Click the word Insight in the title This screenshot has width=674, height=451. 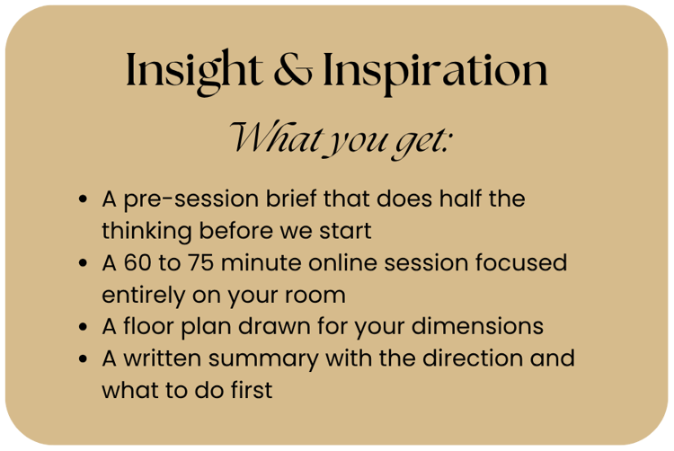pos(194,71)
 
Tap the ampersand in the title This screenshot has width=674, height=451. pos(293,69)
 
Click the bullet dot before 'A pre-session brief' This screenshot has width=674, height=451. pos(83,199)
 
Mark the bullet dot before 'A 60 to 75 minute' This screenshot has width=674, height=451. pos(83,263)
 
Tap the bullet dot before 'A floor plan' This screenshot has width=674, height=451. pos(83,326)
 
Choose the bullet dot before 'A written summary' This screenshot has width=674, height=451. pos(83,358)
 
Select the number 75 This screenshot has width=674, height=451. pos(200,262)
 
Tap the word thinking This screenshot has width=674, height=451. pos(146,232)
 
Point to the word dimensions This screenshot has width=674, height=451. pos(477,326)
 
